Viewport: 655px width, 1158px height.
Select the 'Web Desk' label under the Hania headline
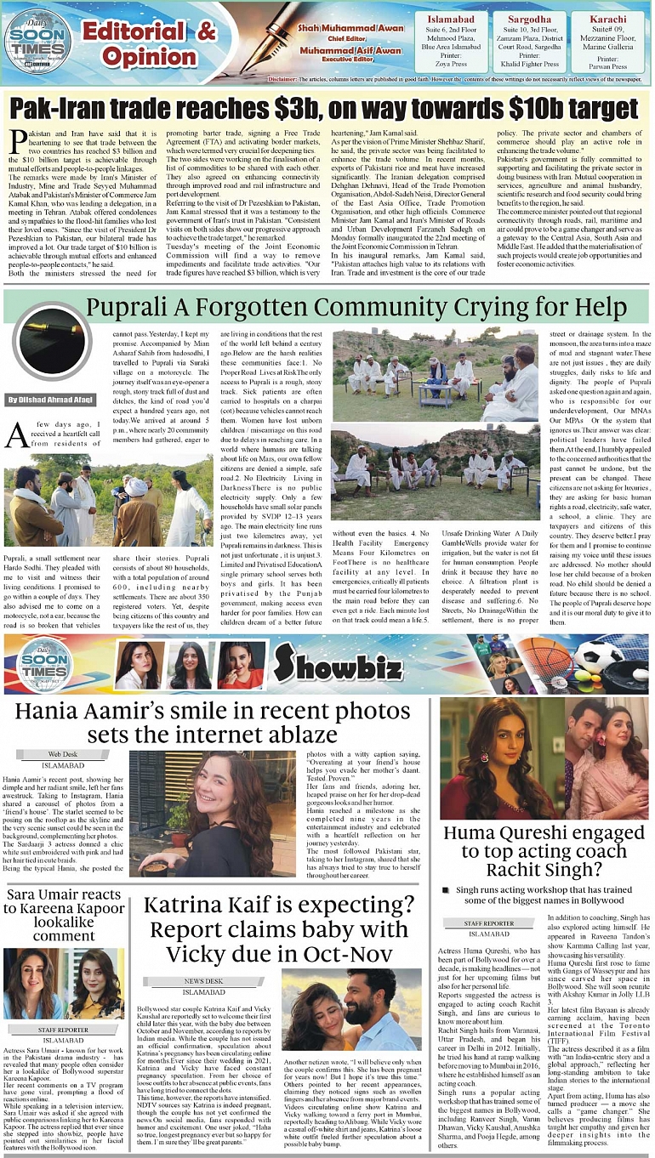[x=62, y=754]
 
